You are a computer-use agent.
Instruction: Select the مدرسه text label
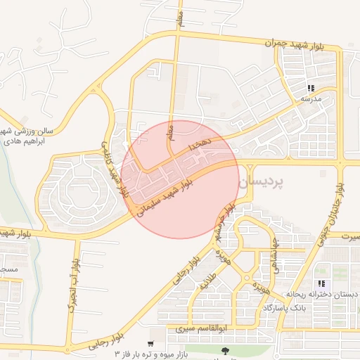311,99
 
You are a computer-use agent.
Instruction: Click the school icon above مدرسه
310,89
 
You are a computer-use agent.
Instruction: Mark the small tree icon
225,350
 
